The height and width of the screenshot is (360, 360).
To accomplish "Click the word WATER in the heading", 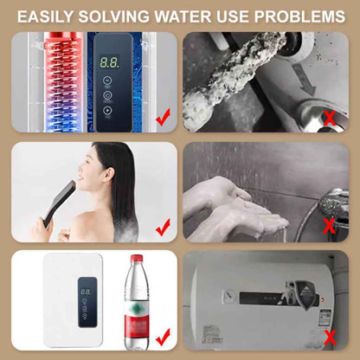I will tap(180, 16).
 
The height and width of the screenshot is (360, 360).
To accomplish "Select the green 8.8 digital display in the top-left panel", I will tap(108, 63).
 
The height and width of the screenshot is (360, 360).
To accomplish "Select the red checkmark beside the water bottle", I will tap(162, 335).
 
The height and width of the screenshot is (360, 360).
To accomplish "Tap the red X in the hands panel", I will tap(329, 227).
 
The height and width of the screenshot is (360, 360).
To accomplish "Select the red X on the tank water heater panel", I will tap(329, 337).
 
